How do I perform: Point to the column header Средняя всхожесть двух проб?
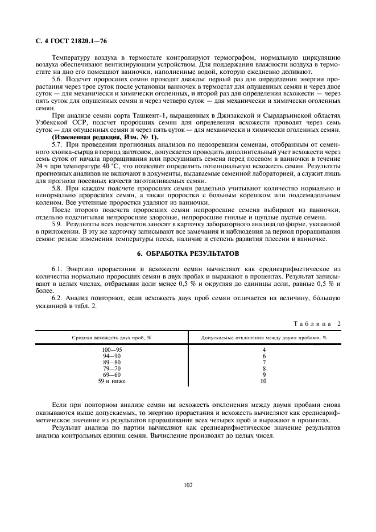point(107,337)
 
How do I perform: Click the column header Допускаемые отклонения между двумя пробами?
point(263,337)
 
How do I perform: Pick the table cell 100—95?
point(107,350)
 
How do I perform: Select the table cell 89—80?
point(107,361)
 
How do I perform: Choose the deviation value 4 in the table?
point(263,350)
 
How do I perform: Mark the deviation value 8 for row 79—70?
point(263,368)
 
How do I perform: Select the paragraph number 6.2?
point(58,297)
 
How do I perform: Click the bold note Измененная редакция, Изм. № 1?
point(106,137)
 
